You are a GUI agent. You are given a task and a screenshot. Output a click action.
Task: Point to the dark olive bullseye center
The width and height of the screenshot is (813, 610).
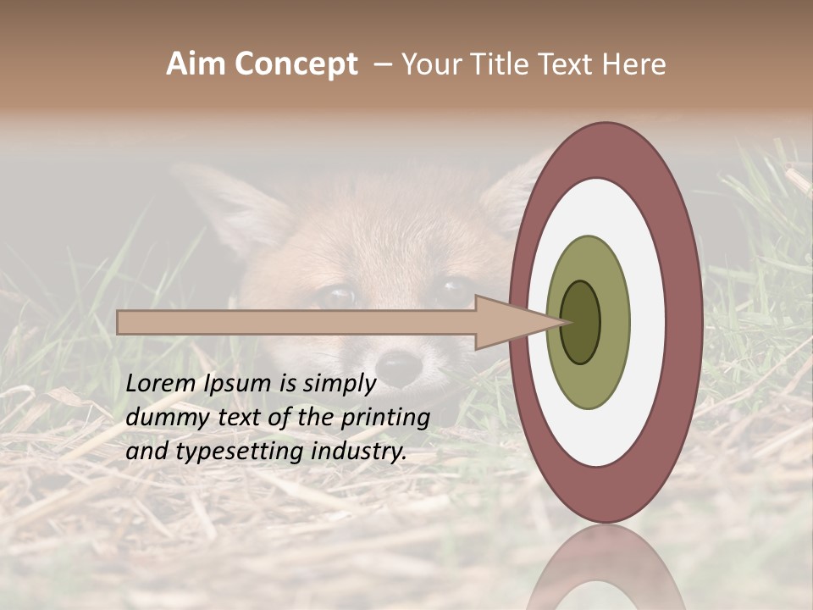(580, 322)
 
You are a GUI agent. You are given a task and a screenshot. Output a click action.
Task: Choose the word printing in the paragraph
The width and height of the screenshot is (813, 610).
(385, 418)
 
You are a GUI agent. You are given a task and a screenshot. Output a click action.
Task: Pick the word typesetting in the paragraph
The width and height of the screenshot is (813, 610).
(224, 452)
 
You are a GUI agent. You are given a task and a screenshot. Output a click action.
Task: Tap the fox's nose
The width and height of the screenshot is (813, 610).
(398, 367)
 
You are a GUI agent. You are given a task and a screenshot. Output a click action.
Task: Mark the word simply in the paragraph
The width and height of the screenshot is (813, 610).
(339, 384)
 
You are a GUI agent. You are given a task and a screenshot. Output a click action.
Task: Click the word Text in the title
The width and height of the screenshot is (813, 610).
(566, 64)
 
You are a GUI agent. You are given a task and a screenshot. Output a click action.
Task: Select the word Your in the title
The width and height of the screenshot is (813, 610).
(429, 64)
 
